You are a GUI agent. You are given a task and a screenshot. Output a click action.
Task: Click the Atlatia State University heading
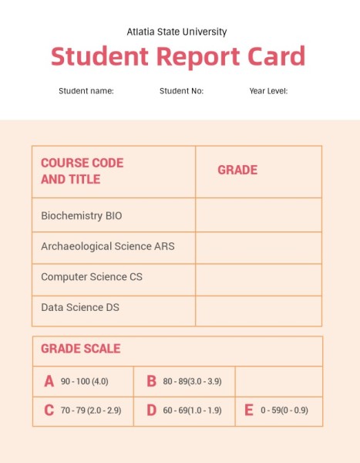[177, 32]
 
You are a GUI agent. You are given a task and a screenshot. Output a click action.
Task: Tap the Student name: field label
[86, 91]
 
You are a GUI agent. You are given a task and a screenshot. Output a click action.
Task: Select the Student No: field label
[181, 91]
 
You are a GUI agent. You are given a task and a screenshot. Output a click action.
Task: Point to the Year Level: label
[268, 91]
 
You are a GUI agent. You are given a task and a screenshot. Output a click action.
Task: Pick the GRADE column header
[237, 170]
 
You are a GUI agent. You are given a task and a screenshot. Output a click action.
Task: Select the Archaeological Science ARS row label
[108, 246]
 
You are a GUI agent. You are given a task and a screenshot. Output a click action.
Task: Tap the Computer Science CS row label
[92, 276]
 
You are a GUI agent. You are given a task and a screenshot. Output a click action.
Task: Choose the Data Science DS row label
[80, 307]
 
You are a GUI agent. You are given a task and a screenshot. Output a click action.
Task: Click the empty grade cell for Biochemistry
[258, 215]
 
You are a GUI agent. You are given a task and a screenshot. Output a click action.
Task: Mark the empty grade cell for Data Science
[258, 310]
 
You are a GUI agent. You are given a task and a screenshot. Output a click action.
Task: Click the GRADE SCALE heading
[81, 349]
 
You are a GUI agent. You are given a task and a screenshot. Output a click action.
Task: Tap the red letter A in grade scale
[49, 381]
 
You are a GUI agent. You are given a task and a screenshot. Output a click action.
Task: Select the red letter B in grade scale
[152, 381]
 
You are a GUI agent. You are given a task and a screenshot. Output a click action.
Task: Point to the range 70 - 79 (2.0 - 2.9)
[91, 411]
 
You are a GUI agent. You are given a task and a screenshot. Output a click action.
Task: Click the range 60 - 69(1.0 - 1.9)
[192, 411]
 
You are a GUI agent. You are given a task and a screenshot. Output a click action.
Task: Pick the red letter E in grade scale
[249, 410]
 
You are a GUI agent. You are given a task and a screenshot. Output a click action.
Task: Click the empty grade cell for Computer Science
[258, 279]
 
